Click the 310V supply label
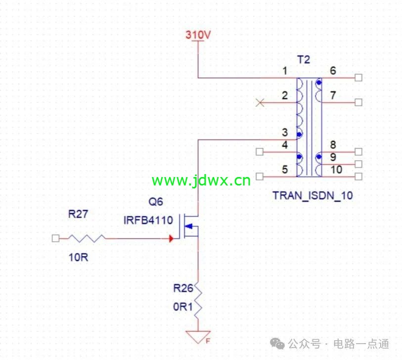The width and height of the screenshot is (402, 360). point(198,35)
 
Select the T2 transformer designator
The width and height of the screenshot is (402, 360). point(304,60)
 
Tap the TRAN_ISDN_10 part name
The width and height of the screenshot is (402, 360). point(313,196)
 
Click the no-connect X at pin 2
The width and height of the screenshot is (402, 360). point(260,103)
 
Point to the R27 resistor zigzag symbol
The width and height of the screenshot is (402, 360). point(86,238)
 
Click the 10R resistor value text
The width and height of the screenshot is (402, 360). point(79,257)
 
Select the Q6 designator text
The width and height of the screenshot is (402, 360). point(156,202)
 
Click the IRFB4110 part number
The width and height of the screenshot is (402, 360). point(148,220)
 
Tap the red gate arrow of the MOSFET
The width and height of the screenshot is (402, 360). point(171,239)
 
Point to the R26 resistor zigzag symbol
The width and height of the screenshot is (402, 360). point(198,301)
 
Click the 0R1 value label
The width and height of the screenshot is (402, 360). point(183,307)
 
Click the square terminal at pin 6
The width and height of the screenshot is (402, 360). point(358,78)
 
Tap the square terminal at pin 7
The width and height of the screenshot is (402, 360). point(358,102)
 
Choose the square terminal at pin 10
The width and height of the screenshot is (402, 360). point(358,177)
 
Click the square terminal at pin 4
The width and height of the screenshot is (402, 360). point(260,152)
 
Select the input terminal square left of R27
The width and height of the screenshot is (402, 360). point(55,238)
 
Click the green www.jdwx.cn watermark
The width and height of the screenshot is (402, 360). point(201,180)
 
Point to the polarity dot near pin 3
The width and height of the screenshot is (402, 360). point(299,134)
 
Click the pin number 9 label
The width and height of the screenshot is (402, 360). point(333,157)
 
